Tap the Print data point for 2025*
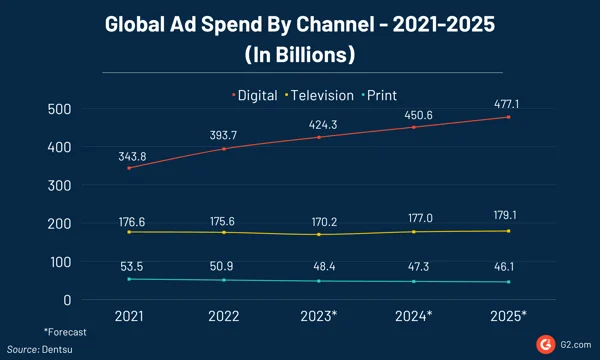click(x=508, y=282)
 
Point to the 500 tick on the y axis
click(x=59, y=109)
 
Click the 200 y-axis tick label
click(x=59, y=223)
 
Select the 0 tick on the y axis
click(x=67, y=299)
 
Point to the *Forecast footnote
click(x=65, y=331)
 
